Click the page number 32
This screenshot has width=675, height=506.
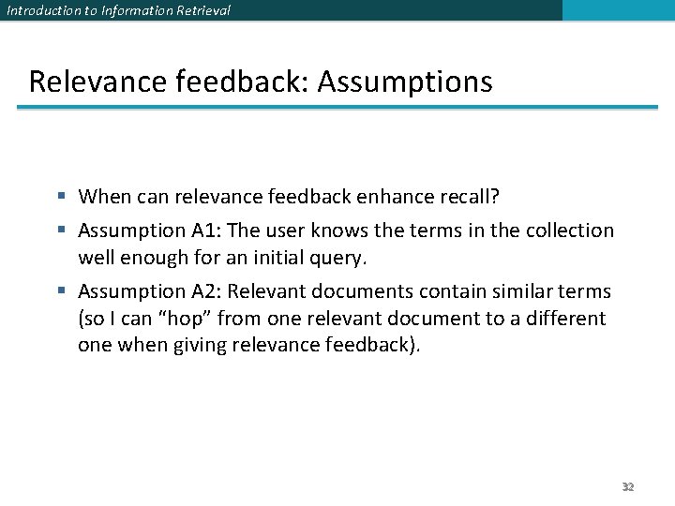tap(628, 487)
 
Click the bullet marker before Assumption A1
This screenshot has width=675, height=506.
tap(60, 231)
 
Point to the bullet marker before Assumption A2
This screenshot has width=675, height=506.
tap(60, 291)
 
